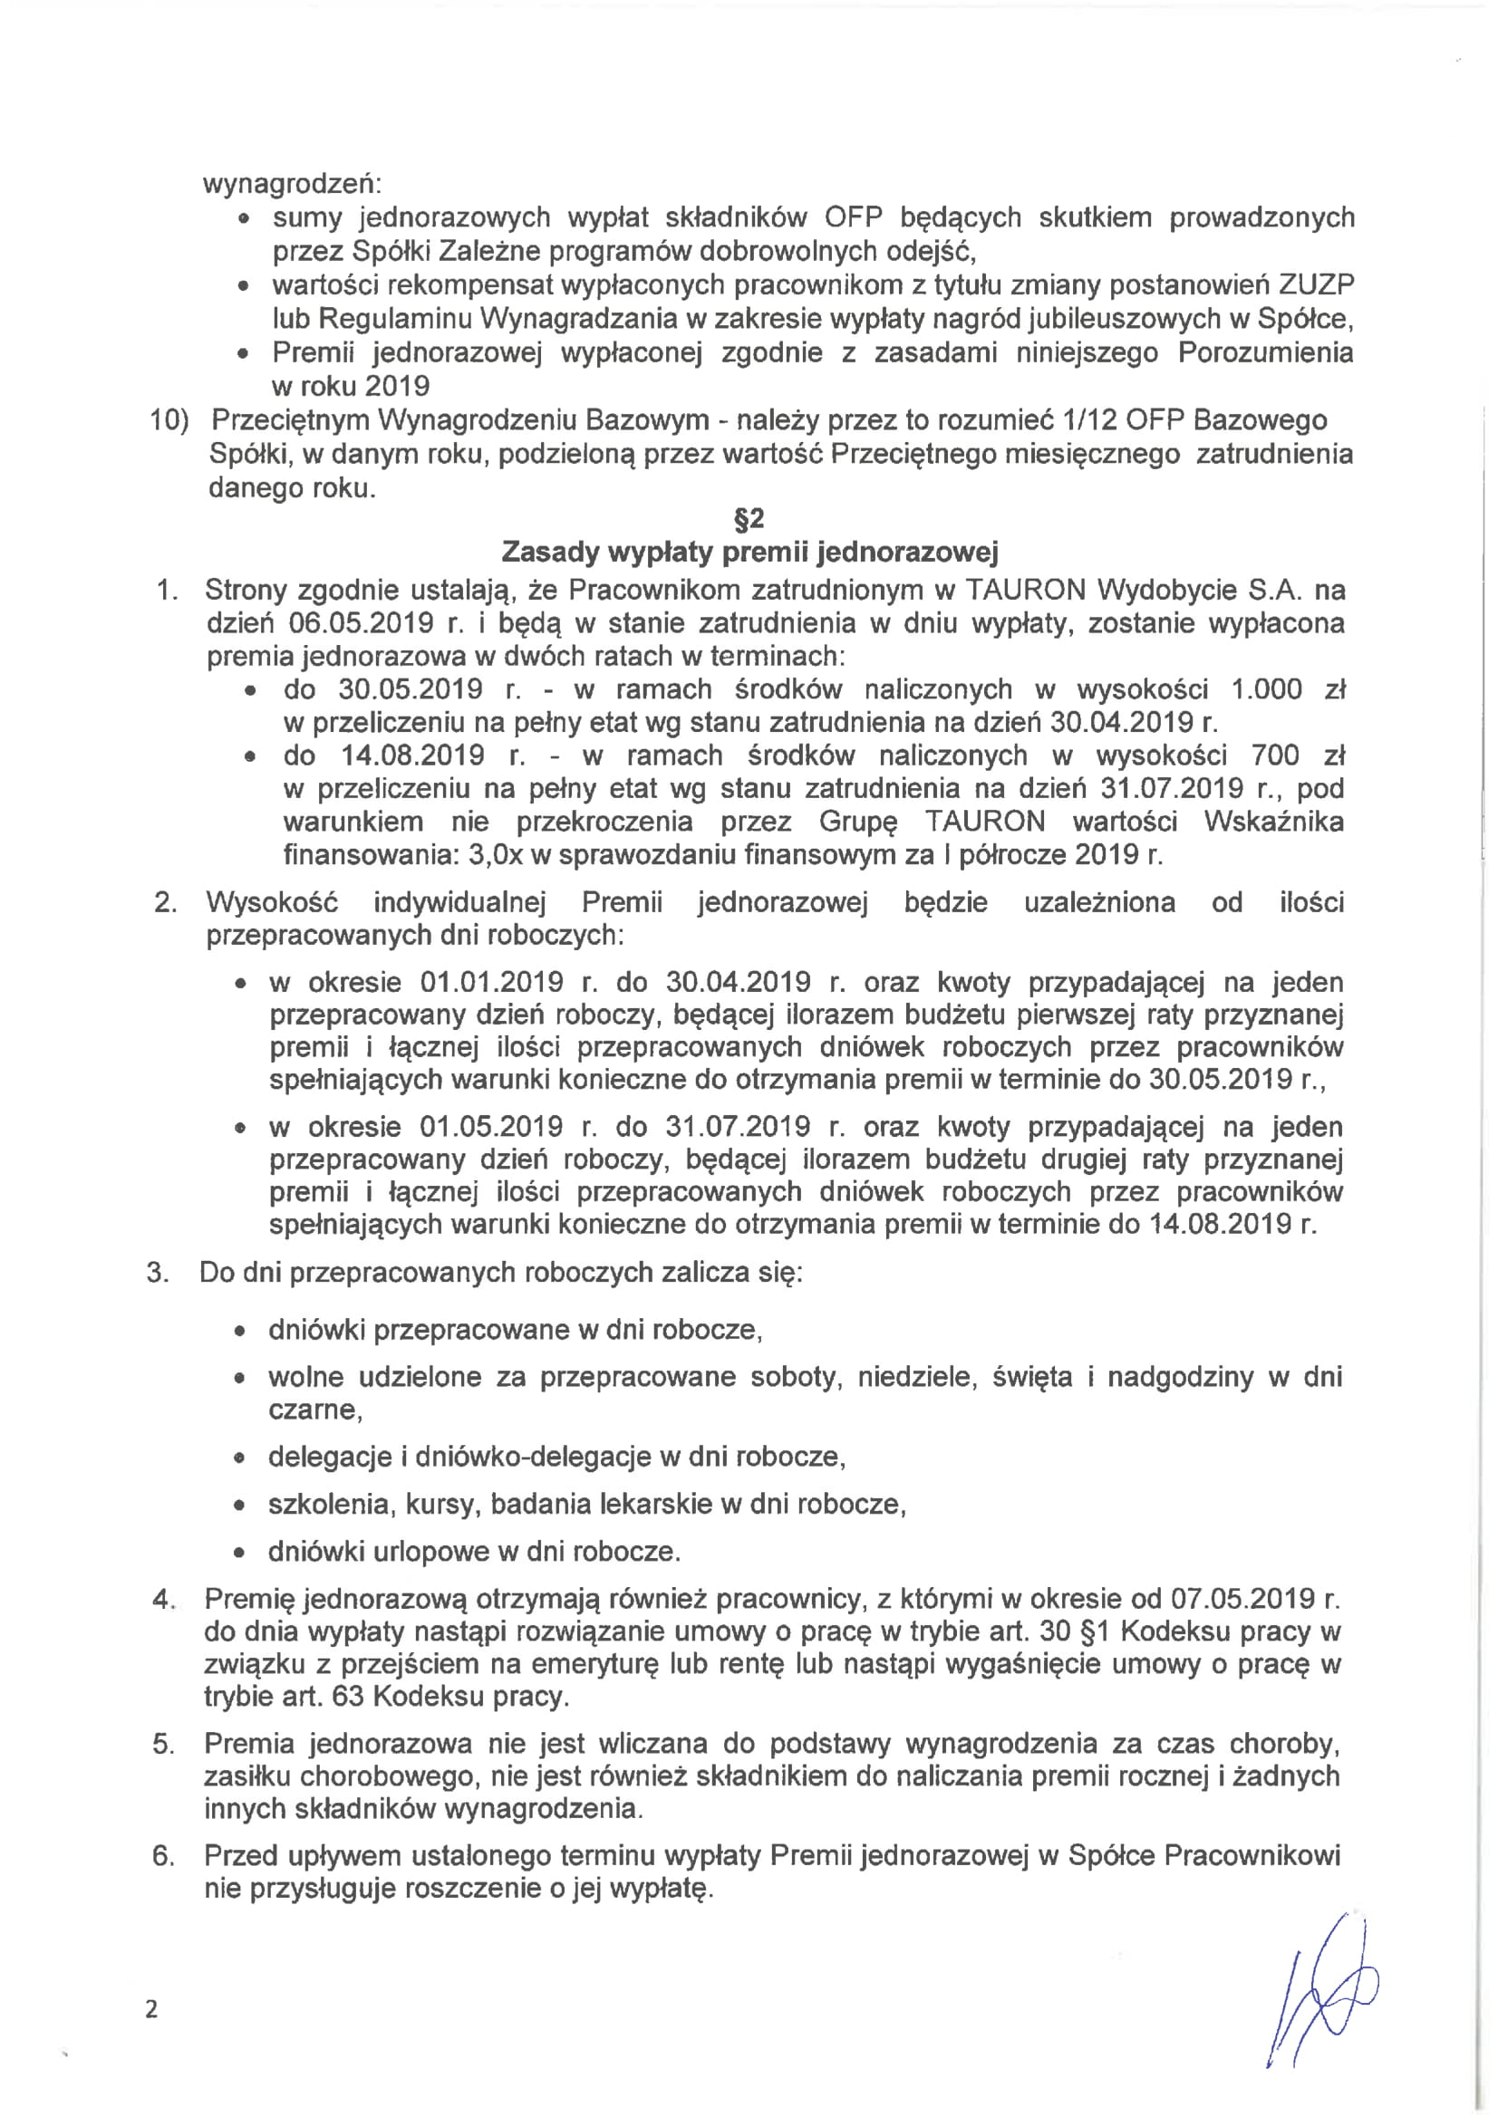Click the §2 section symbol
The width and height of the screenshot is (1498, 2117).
pos(749,520)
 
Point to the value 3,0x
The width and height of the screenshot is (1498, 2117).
pos(496,855)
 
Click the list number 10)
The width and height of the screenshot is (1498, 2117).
pos(169,420)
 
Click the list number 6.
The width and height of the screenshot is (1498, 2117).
pos(163,1856)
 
